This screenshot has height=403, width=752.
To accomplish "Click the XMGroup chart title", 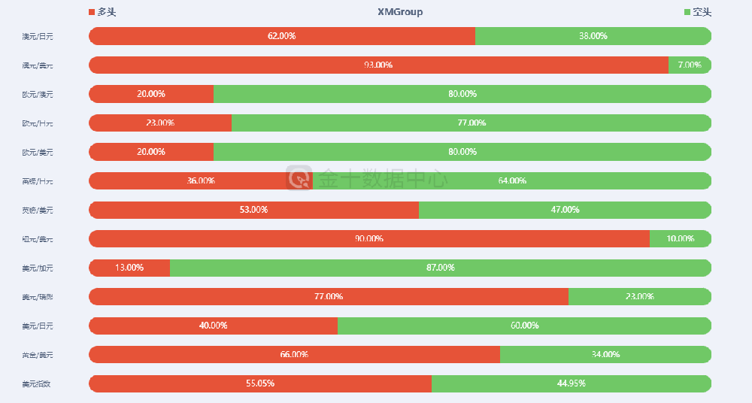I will point(400,12).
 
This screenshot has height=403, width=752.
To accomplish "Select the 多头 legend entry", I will point(102,12).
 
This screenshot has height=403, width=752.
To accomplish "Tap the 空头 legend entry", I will point(697,12).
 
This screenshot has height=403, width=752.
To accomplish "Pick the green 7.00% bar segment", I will point(690,65).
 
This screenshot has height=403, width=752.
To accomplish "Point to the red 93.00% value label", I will point(378,65).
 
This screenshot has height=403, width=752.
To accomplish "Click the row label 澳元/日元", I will point(38,36).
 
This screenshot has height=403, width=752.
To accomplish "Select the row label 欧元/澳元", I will point(38,94).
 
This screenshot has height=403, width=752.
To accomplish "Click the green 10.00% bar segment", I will point(681,238).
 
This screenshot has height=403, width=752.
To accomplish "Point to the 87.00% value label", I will point(441,268).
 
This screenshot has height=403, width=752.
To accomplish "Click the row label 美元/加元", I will point(38,268).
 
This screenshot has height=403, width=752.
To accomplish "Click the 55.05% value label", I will point(260,383).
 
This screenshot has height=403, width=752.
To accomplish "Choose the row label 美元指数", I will point(38,383).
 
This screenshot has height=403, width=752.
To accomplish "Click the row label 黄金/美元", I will point(38,354).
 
